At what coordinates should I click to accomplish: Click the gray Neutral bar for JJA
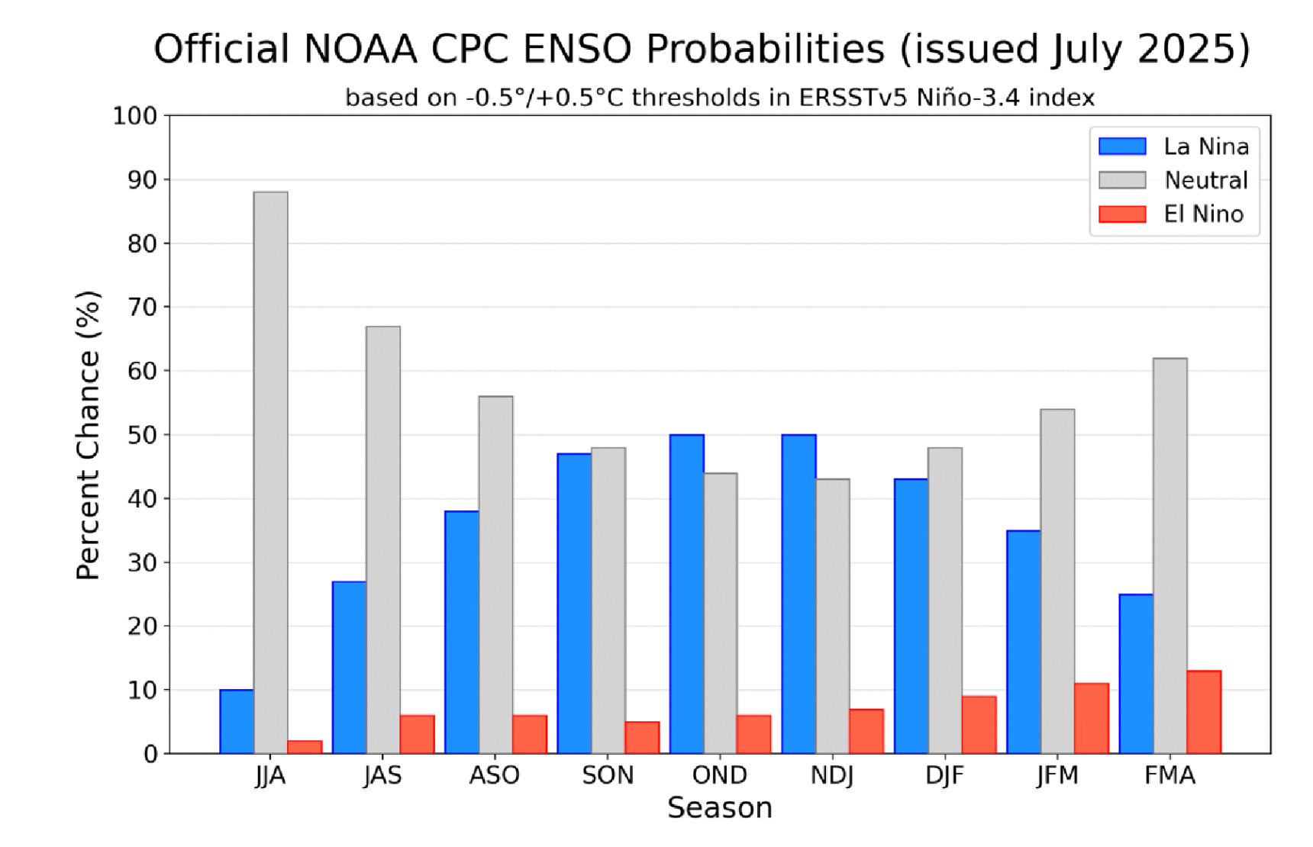[x=270, y=473]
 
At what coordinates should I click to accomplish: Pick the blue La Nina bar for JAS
[x=349, y=668]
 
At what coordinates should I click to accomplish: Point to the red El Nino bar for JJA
[x=305, y=747]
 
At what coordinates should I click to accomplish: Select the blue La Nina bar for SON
[x=574, y=603]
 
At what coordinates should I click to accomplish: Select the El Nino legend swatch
[x=1121, y=214]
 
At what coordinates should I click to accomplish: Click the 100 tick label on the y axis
[x=135, y=116]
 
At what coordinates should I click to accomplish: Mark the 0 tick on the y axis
[x=150, y=754]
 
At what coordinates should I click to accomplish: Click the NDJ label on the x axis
[x=832, y=775]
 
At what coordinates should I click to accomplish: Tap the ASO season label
[x=495, y=775]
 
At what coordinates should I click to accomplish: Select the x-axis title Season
[x=719, y=807]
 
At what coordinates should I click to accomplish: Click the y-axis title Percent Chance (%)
[x=89, y=435]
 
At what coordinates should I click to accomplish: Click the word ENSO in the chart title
[x=576, y=49]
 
